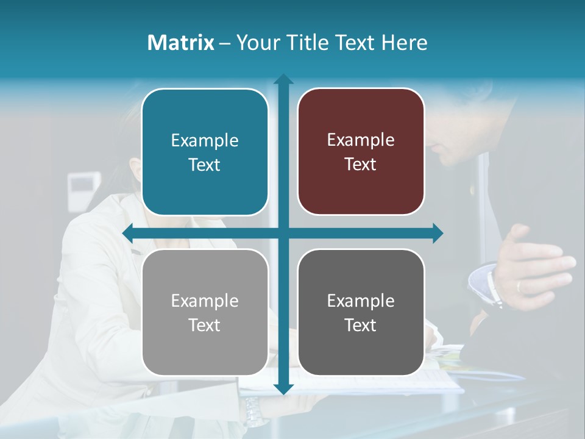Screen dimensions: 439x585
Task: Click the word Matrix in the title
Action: [x=180, y=43]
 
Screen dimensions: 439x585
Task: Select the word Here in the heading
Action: [x=404, y=43]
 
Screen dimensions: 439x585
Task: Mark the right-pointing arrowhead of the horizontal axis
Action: [x=437, y=233]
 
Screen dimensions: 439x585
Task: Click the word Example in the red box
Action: [x=361, y=140]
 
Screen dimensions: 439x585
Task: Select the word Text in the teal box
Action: [x=204, y=165]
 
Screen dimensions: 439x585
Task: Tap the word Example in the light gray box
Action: [x=204, y=301]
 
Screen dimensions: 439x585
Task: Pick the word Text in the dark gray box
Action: [x=361, y=326]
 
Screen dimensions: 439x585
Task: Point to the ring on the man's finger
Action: [x=519, y=286]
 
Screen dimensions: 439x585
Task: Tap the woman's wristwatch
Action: [x=255, y=412]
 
